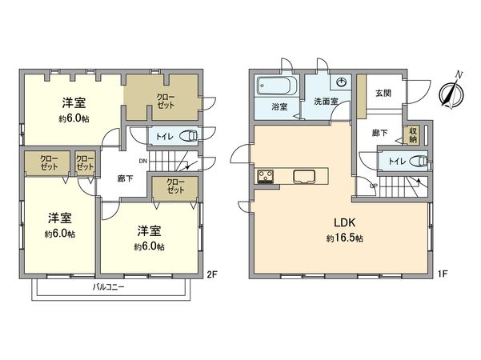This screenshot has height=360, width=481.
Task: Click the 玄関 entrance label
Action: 383,93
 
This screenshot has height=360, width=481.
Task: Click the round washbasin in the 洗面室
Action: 342,82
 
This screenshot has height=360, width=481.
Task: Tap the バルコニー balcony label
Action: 108,286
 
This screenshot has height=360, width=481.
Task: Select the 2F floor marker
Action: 212,274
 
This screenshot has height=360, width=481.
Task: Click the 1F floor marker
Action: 441,274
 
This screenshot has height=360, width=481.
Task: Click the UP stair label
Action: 373,186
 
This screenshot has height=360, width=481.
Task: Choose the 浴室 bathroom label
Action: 278,106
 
